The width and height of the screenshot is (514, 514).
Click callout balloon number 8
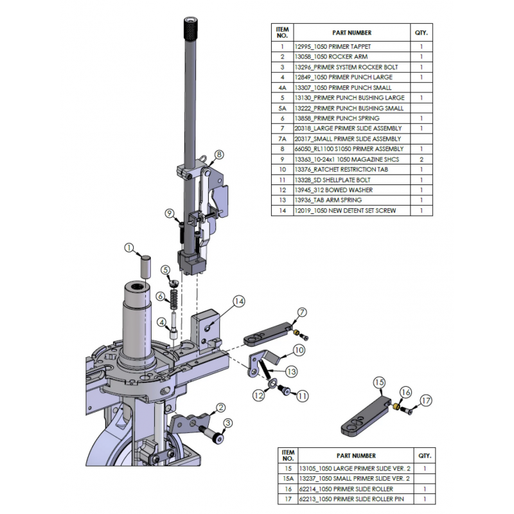tap(219, 155)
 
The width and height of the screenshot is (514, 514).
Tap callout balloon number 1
tap(129, 248)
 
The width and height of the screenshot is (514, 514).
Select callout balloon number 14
tap(239, 301)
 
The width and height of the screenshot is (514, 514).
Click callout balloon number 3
tap(227, 422)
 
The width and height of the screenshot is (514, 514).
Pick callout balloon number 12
tap(258, 395)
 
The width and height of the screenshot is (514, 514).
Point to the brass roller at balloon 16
tap(398, 407)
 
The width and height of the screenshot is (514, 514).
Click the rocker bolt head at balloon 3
tap(218, 438)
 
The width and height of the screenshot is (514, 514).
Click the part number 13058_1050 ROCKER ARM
tap(323, 57)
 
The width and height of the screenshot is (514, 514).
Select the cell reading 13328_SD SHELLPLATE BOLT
tap(332, 180)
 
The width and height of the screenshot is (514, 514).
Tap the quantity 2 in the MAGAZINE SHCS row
tap(421, 159)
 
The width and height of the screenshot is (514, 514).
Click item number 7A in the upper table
tap(282, 139)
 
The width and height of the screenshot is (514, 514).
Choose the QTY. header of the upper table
tap(421, 33)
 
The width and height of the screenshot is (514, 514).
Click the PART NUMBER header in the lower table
tap(356, 456)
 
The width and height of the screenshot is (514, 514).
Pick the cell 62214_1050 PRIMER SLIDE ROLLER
tap(341, 489)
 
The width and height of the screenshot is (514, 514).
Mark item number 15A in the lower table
tap(288, 478)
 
